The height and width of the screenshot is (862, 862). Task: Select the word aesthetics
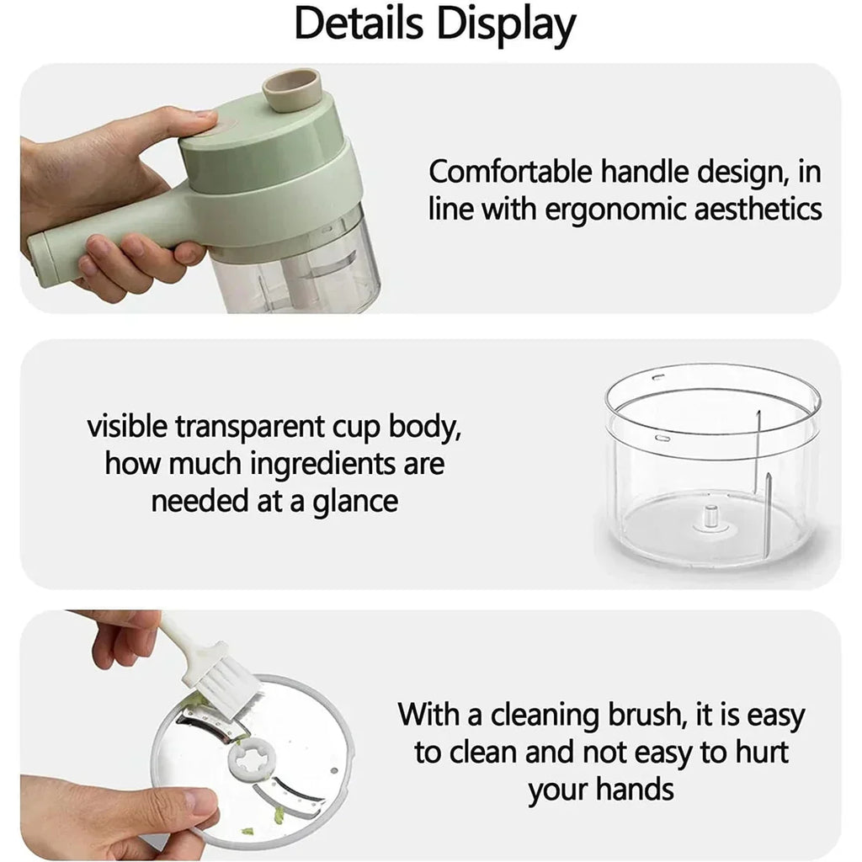[x=758, y=209]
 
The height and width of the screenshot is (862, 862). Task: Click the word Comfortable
[x=510, y=172]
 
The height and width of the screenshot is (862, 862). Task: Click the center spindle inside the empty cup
[x=710, y=517]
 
